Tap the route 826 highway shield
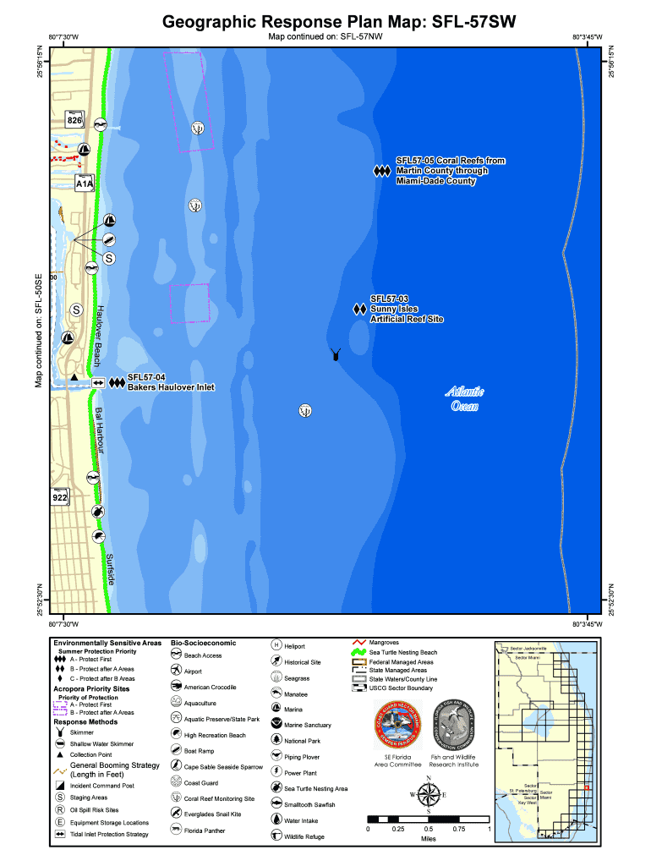point(74,121)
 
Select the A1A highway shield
point(84,183)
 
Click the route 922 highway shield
point(59,496)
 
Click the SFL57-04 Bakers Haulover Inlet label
point(170,382)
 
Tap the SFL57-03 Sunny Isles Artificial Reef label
point(406,309)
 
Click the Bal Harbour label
point(99,432)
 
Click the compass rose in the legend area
point(429,796)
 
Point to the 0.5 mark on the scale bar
point(429,829)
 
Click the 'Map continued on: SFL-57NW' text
point(325,38)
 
